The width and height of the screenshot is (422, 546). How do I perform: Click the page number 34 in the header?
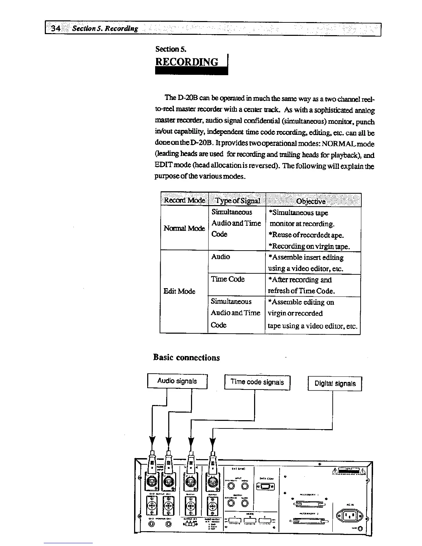click(x=55, y=28)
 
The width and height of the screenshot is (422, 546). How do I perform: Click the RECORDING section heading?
click(x=187, y=62)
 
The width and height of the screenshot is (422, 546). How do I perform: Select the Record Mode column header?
click(x=184, y=200)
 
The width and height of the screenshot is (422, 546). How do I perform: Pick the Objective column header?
click(x=311, y=201)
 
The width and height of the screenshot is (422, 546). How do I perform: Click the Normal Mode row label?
click(x=184, y=228)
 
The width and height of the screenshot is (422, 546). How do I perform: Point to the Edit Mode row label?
click(x=179, y=291)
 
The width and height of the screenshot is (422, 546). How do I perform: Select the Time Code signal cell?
click(x=228, y=279)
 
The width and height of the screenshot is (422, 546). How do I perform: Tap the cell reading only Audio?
click(x=221, y=257)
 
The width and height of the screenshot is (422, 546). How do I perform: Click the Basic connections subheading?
click(x=187, y=357)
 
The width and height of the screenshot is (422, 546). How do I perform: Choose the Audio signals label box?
click(x=177, y=381)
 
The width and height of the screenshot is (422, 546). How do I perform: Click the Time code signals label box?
click(x=257, y=382)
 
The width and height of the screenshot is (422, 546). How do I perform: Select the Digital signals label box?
click(x=335, y=384)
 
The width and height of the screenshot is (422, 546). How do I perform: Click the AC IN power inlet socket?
click(x=349, y=516)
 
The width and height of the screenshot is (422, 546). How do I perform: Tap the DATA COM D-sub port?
click(x=265, y=487)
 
